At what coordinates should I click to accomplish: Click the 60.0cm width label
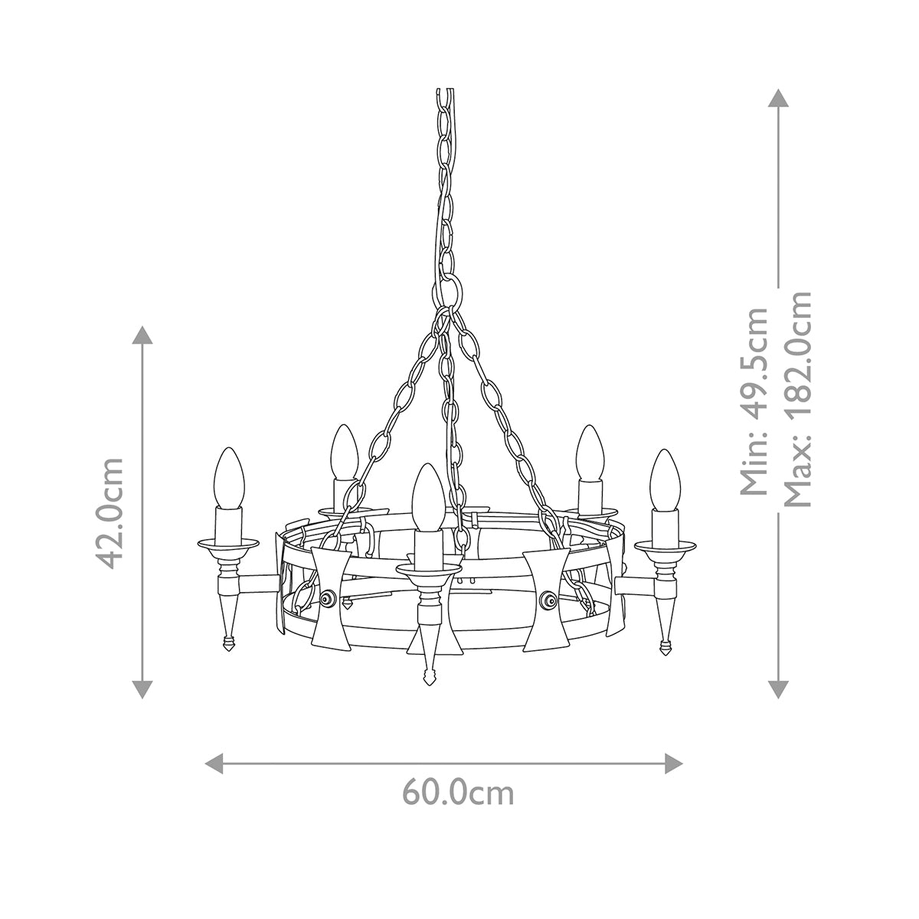[458, 793]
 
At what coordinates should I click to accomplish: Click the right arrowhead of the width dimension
[674, 763]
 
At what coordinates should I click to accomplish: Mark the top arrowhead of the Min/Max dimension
[778, 99]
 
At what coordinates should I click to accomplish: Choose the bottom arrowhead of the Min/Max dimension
[778, 688]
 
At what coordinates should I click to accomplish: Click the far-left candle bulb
[228, 479]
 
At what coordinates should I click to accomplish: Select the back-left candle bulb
[343, 452]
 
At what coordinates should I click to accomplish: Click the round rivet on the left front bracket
[329, 599]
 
